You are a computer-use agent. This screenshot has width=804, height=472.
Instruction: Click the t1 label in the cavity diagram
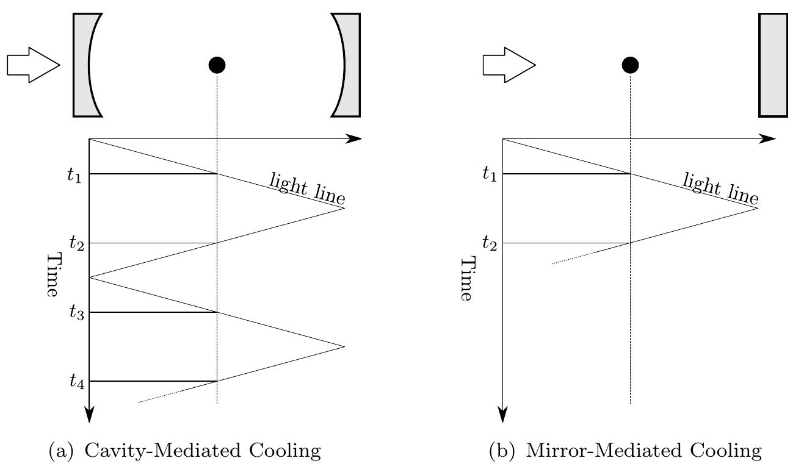[74, 175]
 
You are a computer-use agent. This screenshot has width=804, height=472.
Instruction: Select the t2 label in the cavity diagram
[76, 244]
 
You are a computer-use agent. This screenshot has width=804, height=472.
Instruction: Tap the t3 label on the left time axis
[76, 313]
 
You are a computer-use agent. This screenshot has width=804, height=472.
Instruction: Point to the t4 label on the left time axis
[76, 382]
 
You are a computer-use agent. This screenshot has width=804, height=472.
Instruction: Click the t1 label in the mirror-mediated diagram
[489, 175]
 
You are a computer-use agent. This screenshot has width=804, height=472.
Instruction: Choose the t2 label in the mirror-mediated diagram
[489, 244]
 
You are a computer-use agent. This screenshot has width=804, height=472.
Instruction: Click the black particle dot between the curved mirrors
[217, 65]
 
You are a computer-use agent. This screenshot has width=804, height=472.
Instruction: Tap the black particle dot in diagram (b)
[630, 65]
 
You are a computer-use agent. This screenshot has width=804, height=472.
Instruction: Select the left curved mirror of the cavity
[82, 65]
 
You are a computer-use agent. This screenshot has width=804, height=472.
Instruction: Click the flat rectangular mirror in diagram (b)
[773, 65]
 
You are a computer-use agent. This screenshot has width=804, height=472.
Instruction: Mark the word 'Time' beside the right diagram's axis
[466, 279]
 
